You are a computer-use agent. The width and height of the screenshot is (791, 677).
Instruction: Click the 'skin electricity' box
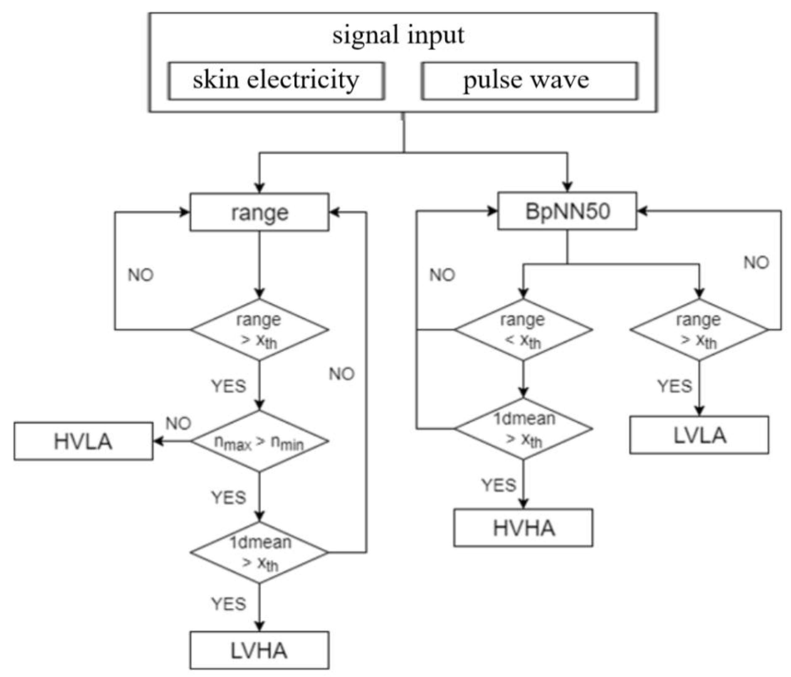point(276,81)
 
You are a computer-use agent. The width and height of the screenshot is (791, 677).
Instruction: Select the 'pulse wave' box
point(529,81)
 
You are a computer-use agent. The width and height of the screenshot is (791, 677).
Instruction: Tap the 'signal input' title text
point(398,35)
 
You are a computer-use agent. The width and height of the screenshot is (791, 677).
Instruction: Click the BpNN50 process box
point(567,211)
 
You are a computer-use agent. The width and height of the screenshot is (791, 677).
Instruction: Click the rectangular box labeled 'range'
point(259,212)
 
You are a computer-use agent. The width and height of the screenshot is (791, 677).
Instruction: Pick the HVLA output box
point(84,441)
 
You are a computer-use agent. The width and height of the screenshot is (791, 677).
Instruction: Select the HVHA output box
point(523,528)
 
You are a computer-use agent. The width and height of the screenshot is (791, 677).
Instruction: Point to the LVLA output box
point(699,435)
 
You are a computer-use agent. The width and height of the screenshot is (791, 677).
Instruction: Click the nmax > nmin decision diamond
point(259,441)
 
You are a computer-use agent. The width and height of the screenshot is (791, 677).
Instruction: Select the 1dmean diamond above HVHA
point(523,429)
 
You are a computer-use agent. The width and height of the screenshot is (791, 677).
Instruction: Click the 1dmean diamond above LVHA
point(259,552)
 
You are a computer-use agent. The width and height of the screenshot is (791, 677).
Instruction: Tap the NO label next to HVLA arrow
point(178,423)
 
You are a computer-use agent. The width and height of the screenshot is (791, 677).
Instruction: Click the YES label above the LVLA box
point(675,386)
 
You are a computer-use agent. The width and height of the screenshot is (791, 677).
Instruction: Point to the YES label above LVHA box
point(229,604)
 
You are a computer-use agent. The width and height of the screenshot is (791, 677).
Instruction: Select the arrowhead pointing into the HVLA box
point(157,441)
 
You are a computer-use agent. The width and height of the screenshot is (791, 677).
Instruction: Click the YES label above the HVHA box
point(499,485)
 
